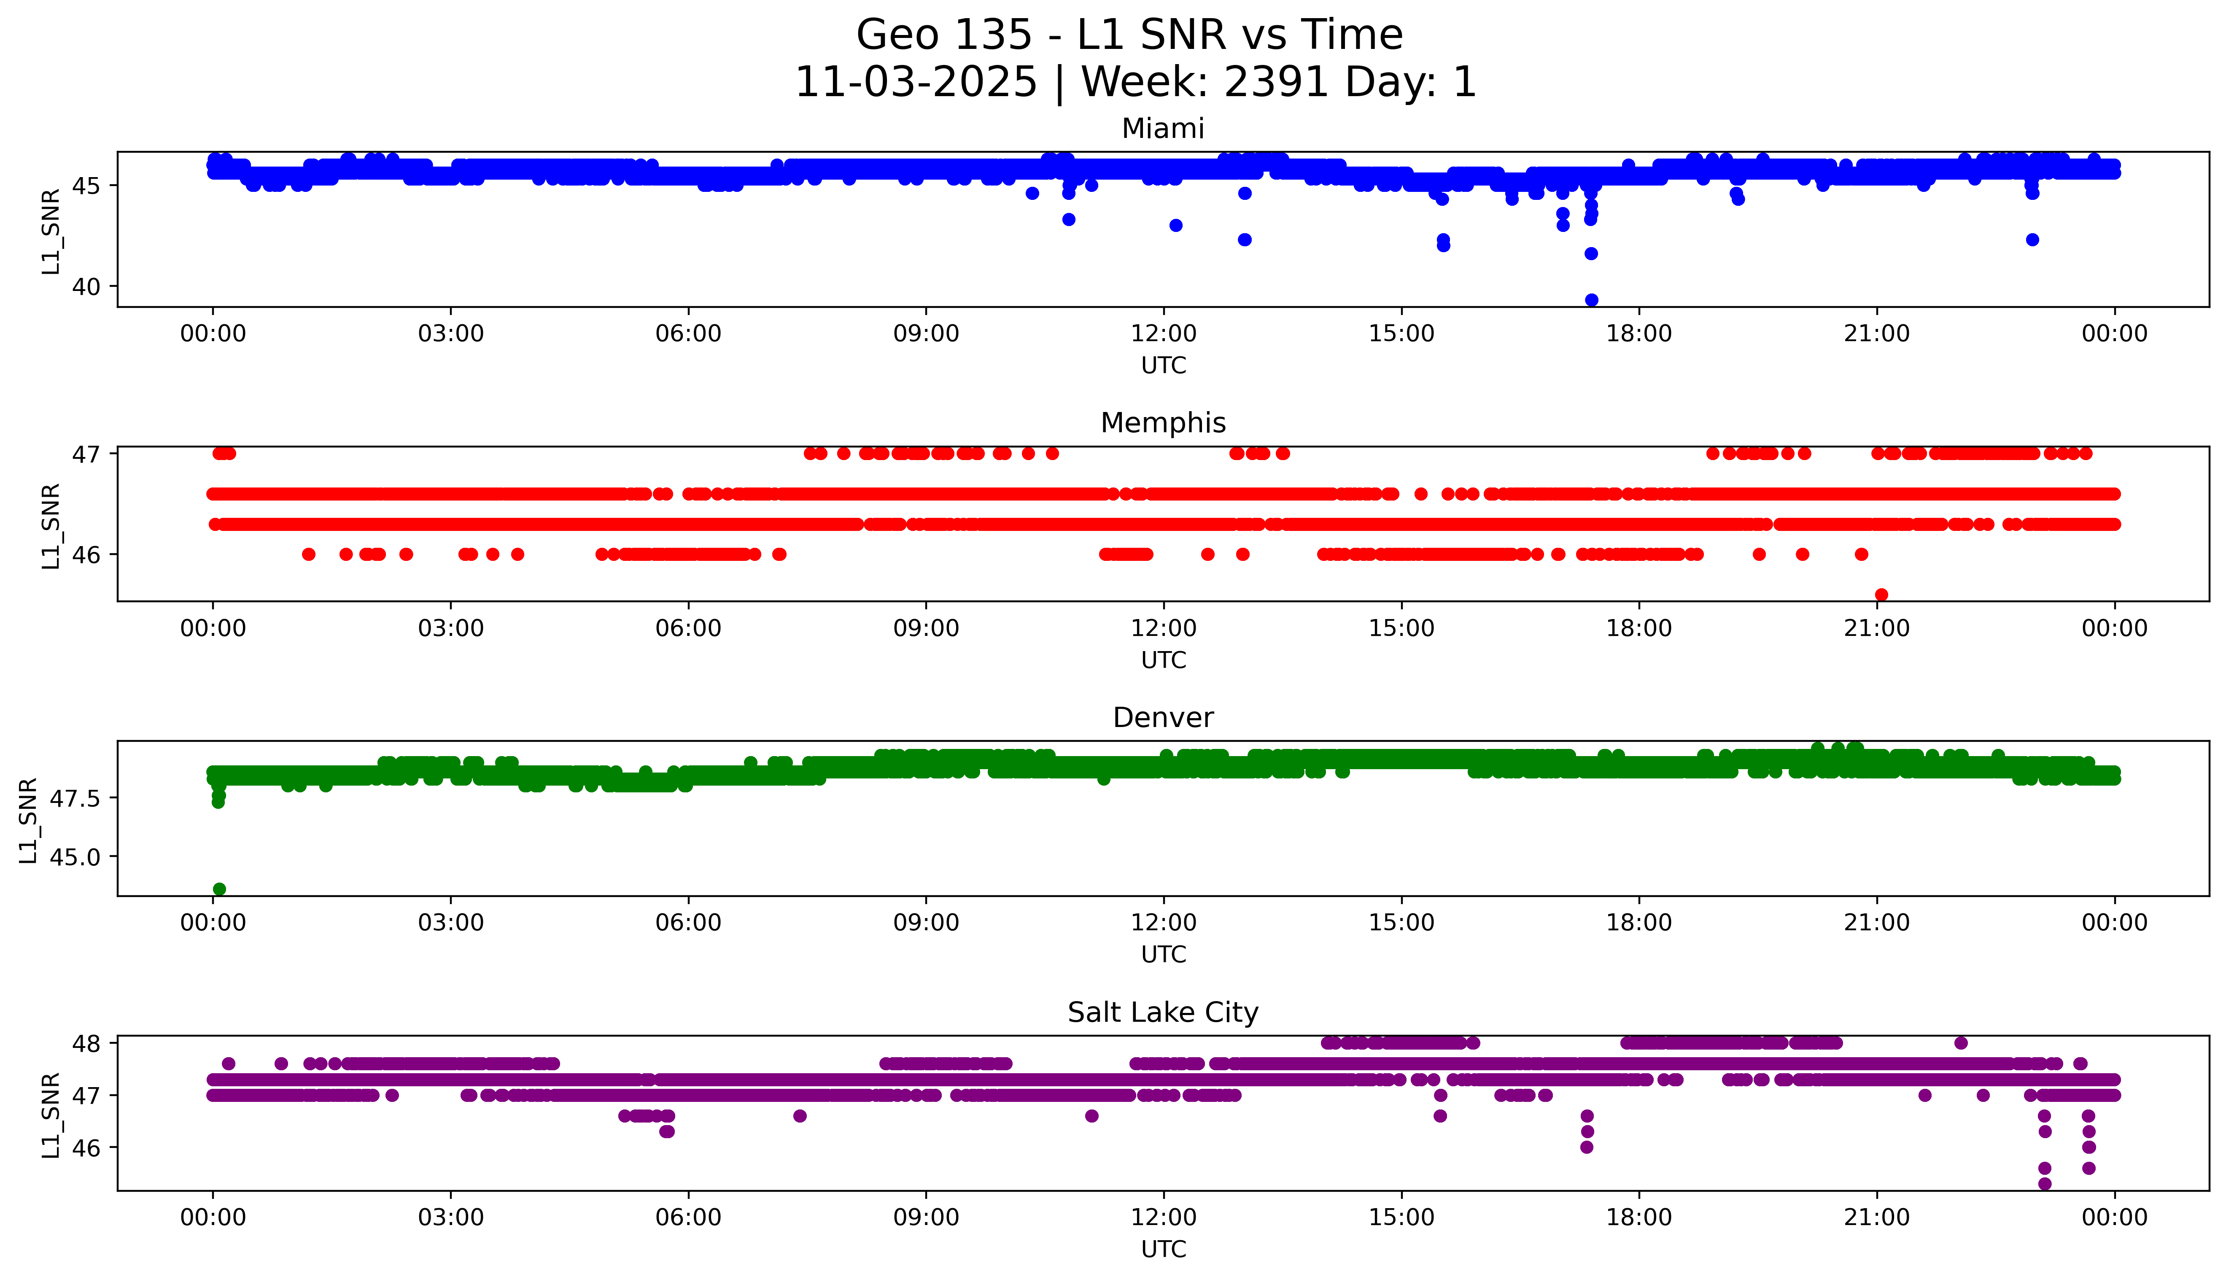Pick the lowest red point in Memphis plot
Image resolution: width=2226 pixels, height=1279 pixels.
1881,595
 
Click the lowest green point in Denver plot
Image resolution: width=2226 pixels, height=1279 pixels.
219,889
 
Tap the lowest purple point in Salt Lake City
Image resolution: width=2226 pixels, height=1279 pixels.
2044,1183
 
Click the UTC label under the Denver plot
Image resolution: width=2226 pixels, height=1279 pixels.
1163,954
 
